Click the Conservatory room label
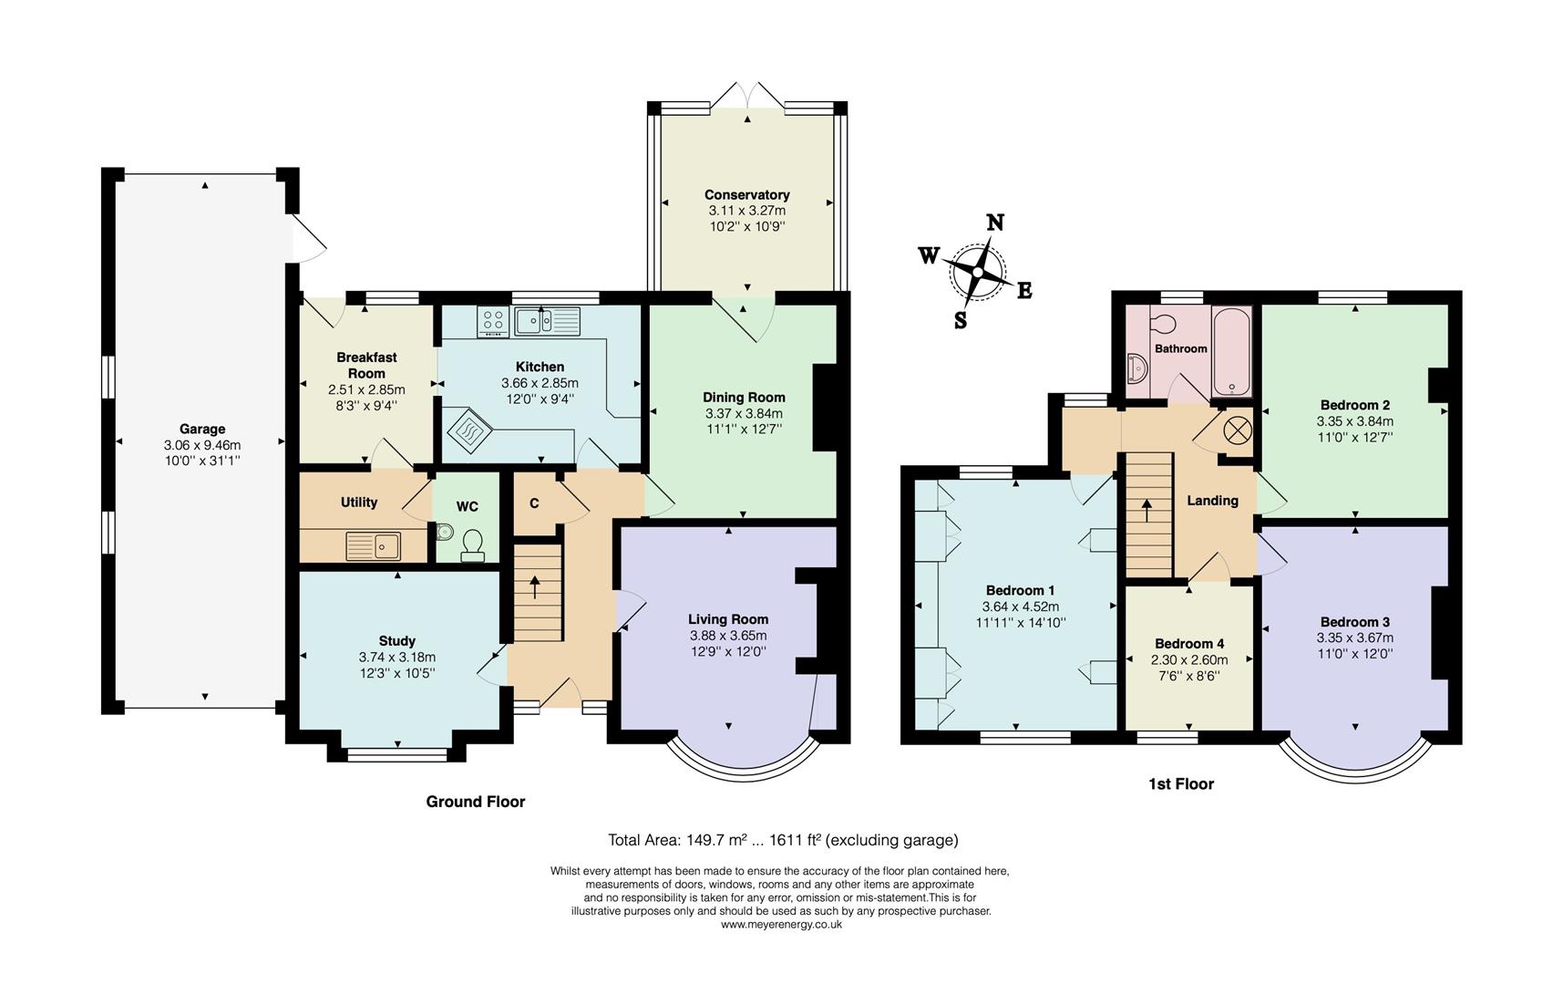(746, 194)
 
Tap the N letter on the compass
(995, 223)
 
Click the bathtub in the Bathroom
(1230, 351)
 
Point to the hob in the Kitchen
(493, 321)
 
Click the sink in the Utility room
(374, 545)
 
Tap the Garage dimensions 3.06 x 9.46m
(202, 445)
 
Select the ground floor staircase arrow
(534, 587)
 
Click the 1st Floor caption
(1181, 783)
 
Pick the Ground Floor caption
(476, 802)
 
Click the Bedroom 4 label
(1189, 643)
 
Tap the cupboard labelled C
(534, 503)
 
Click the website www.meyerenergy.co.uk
(781, 924)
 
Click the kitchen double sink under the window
(547, 321)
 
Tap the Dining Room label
(744, 397)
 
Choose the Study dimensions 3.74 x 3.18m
(397, 657)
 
